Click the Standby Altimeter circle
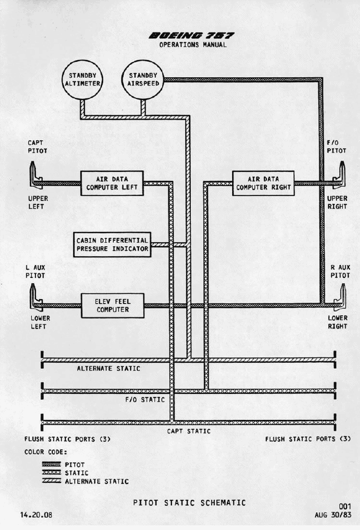click(x=82, y=79)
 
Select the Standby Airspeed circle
click(x=141, y=79)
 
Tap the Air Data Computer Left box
click(x=111, y=183)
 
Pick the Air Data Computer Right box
click(x=263, y=183)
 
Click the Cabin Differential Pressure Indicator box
click(x=112, y=244)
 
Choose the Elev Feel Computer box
click(x=112, y=305)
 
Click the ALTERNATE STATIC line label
click(x=109, y=369)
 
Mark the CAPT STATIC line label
click(x=189, y=431)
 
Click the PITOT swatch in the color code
click(x=52, y=465)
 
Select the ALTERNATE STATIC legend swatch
click(x=52, y=481)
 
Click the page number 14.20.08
click(x=36, y=514)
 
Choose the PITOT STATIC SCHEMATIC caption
click(x=189, y=502)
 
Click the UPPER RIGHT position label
click(x=337, y=203)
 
